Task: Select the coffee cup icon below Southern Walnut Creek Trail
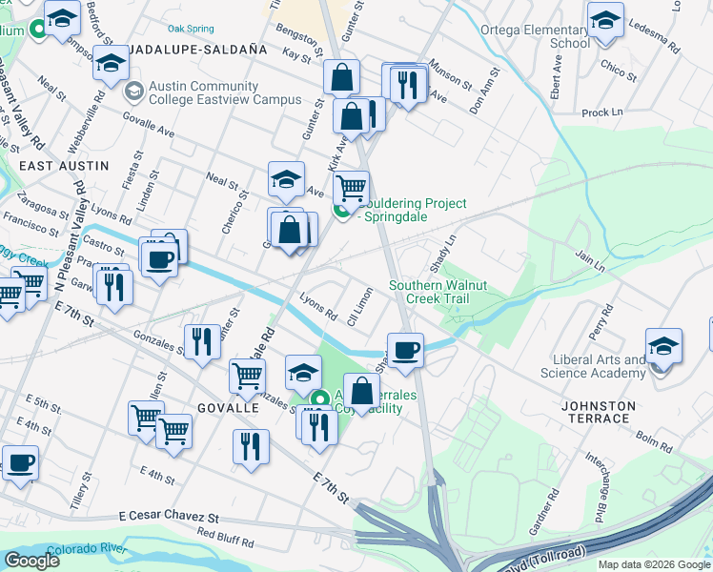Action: pyautogui.click(x=406, y=349)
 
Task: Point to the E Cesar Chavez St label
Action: pyautogui.click(x=169, y=515)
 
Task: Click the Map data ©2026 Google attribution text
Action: pyautogui.click(x=652, y=564)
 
